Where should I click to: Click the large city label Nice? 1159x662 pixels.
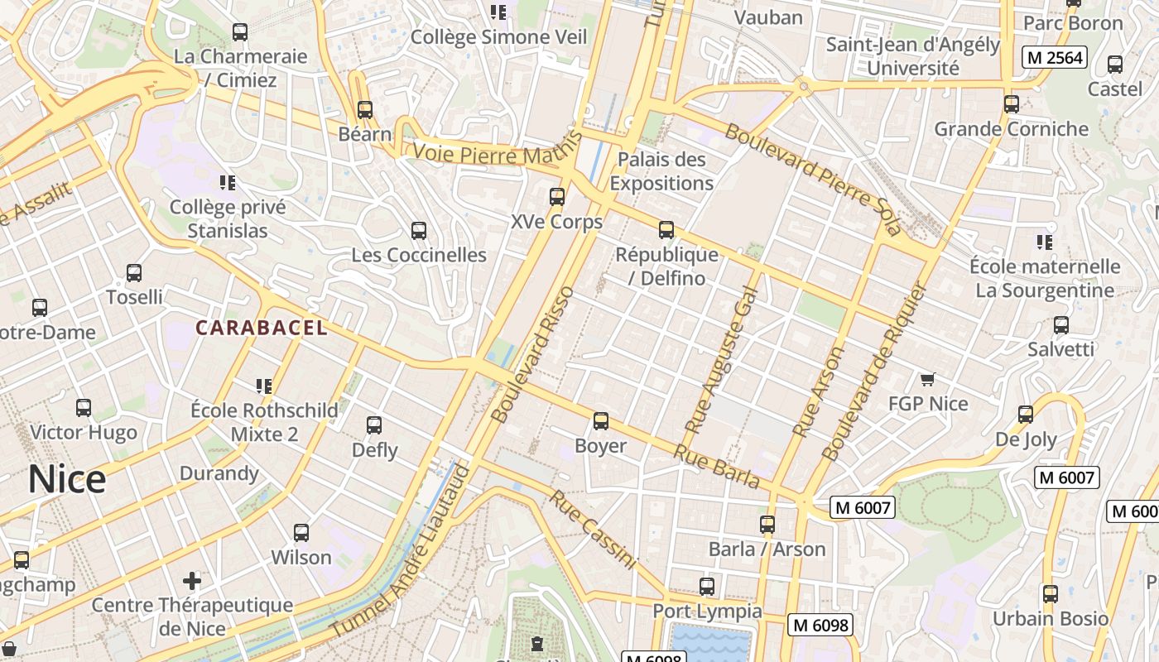[x=67, y=480]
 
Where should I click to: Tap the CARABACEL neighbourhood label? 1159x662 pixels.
[x=262, y=328]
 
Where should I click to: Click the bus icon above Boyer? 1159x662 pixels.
[x=601, y=421]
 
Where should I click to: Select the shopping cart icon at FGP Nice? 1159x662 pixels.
[x=928, y=379]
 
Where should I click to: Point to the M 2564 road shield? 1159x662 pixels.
[x=1053, y=57]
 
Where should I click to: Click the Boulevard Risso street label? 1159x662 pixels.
[x=531, y=354]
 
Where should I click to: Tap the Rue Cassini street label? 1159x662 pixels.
[x=593, y=530]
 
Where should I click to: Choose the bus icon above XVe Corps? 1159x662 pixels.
[x=557, y=197]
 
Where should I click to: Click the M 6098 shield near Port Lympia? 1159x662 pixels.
[x=820, y=626]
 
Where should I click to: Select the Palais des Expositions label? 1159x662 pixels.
[x=661, y=171]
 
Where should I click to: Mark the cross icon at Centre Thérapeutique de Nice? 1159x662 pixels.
[x=192, y=580]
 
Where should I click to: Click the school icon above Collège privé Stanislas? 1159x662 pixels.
[x=227, y=182]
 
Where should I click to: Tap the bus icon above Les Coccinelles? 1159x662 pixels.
[x=419, y=230]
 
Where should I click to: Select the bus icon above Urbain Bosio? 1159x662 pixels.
[x=1051, y=593]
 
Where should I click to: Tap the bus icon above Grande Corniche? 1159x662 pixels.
[x=1012, y=104]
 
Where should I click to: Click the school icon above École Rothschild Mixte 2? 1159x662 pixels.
[x=264, y=386]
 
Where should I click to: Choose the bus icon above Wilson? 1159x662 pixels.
[x=301, y=532]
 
